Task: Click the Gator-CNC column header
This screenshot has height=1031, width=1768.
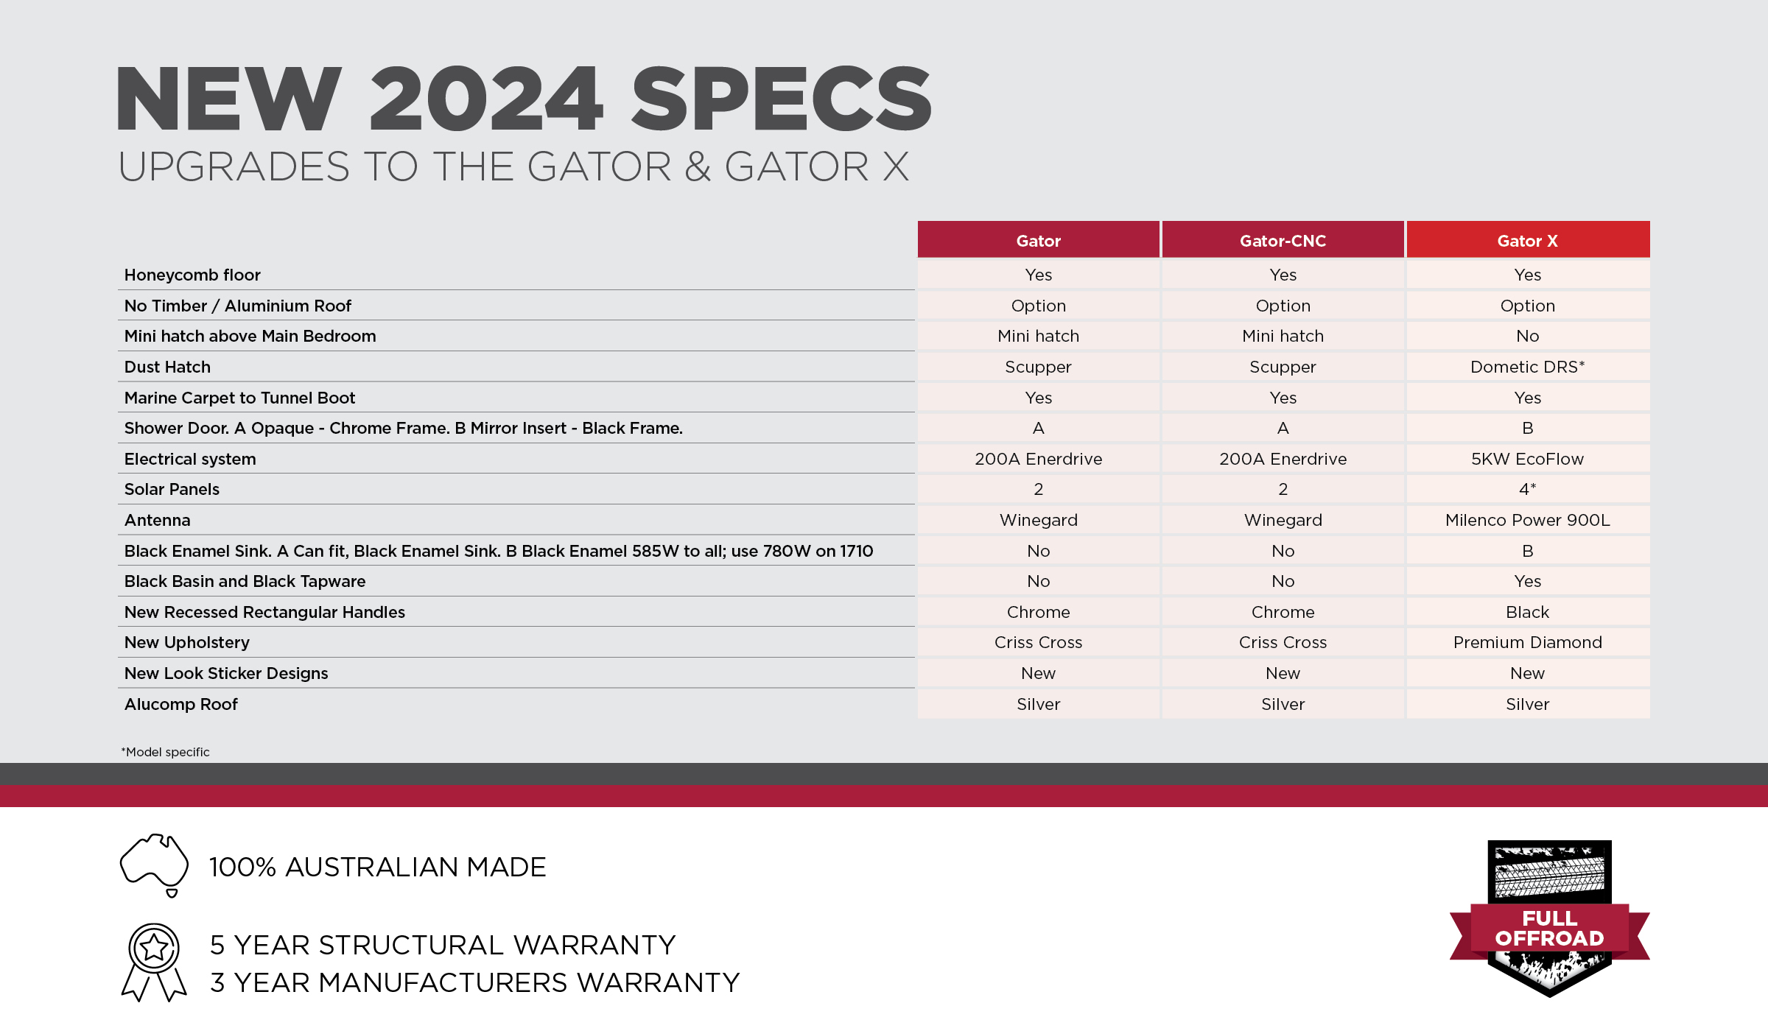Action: [1283, 241]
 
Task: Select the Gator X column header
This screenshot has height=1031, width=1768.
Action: [1527, 241]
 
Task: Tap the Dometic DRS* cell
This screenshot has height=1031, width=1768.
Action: [1527, 367]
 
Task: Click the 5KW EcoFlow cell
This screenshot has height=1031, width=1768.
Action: [1527, 459]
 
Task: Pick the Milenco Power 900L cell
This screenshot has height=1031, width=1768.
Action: [1527, 520]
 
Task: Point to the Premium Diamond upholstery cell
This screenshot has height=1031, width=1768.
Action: [1527, 642]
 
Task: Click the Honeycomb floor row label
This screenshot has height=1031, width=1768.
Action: [192, 275]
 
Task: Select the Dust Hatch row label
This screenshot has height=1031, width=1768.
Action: [167, 367]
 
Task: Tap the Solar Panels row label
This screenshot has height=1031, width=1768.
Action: [172, 489]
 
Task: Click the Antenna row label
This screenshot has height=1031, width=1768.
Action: [157, 520]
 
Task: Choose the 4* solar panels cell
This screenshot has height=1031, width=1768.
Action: [1527, 489]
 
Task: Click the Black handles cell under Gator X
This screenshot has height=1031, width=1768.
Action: [1527, 612]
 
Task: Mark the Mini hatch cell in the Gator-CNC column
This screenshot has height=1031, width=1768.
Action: [1283, 336]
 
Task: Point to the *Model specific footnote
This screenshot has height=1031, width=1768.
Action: [166, 752]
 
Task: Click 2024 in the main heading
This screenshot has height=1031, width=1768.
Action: [486, 99]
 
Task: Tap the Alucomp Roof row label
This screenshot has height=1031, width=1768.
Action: [181, 704]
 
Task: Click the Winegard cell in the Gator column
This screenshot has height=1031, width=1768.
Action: [1038, 520]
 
